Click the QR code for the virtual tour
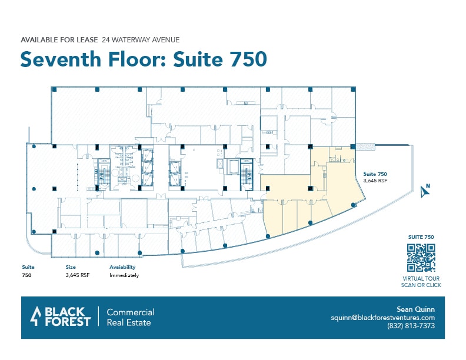(x=421, y=256)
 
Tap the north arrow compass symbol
(x=425, y=190)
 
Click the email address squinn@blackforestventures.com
(x=382, y=318)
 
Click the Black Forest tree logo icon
(x=36, y=316)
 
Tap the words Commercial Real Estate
(x=130, y=317)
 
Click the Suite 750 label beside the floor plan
(x=375, y=174)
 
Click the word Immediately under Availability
(x=124, y=275)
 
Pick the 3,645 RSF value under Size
(x=77, y=275)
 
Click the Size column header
(x=71, y=267)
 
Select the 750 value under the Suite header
(x=26, y=275)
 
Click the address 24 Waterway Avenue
(x=140, y=40)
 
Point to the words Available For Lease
(x=58, y=40)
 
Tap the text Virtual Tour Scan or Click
(x=421, y=282)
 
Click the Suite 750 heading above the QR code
(x=421, y=236)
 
